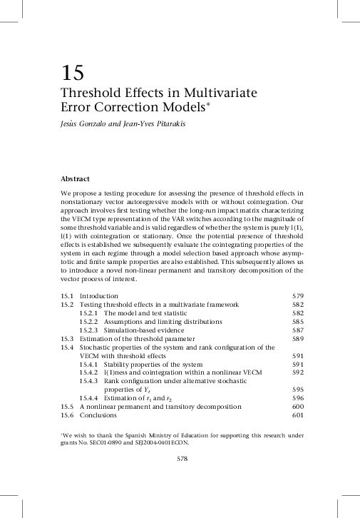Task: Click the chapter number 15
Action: (x=72, y=73)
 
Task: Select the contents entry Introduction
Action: (x=98, y=295)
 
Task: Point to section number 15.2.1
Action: (x=88, y=313)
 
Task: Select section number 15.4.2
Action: (x=88, y=372)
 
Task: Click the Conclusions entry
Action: (x=98, y=415)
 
